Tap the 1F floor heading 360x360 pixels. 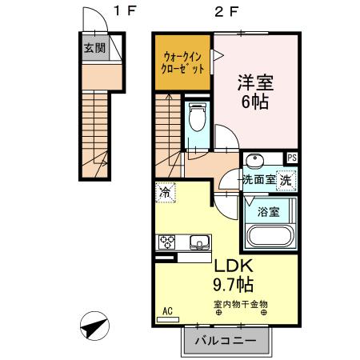coord(125,10)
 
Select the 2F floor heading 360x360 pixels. coord(226,10)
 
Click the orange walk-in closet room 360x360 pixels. coord(183,62)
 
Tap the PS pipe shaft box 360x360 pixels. coord(293,158)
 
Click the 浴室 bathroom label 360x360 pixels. coord(269,212)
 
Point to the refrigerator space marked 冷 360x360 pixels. coord(165,192)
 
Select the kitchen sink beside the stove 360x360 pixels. coord(198,241)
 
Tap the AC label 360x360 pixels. coord(168,310)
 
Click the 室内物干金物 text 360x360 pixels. coord(241,303)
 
